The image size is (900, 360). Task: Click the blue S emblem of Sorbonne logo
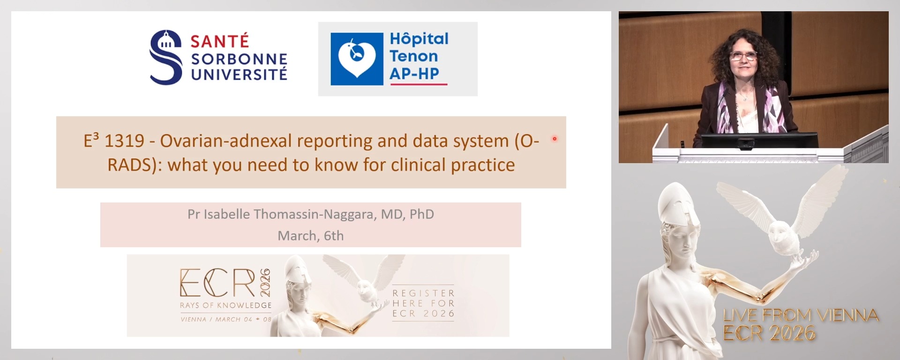pos(165,57)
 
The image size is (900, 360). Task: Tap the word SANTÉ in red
pos(219,41)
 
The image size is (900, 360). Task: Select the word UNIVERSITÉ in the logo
pos(239,74)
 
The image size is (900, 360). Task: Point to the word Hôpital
pos(419,38)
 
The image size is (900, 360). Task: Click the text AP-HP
pos(414,74)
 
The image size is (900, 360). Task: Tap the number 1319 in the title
pos(124,141)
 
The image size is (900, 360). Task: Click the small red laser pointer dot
pos(555,139)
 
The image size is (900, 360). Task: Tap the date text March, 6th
pos(311,235)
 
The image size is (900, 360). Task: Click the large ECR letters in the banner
pos(218,283)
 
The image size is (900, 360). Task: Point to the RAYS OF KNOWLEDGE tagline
pos(226,305)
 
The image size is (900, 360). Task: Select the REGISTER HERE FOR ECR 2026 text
pos(424,303)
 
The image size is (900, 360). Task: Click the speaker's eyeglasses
pos(743,56)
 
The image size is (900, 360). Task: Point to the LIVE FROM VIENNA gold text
pos(801,315)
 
